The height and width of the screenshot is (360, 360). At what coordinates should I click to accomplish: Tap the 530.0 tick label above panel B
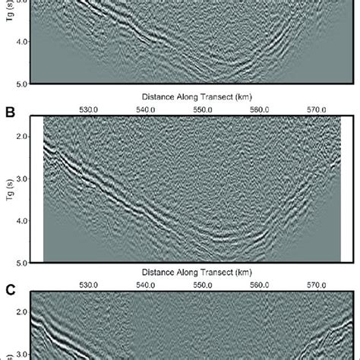pyautogui.click(x=88, y=109)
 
